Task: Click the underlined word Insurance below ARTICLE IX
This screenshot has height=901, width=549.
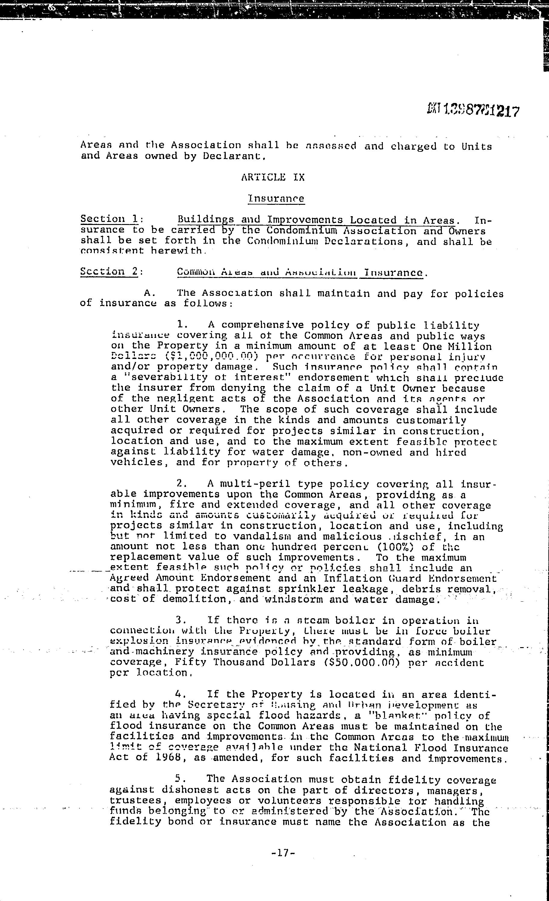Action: pyautogui.click(x=276, y=198)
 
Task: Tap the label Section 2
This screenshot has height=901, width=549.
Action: pyautogui.click(x=109, y=271)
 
